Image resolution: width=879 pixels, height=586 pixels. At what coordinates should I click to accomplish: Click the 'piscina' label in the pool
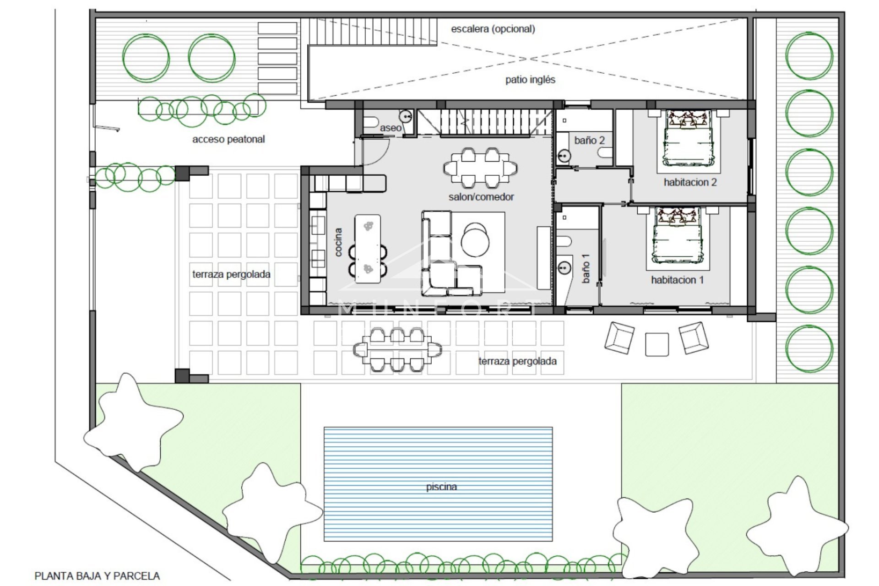point(441,487)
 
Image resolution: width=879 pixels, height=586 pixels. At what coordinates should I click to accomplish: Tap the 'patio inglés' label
point(530,80)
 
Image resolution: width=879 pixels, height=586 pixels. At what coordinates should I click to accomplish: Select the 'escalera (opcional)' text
point(493,29)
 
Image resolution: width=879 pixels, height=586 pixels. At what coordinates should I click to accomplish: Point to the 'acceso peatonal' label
point(228,139)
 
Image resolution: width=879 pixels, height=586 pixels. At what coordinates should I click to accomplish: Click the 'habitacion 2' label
point(690,182)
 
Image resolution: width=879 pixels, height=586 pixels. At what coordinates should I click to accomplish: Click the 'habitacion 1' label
point(677,280)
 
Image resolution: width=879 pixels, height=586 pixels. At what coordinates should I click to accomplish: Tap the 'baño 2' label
point(589,141)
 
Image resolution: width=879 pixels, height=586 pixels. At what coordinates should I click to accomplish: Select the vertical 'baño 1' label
point(586,268)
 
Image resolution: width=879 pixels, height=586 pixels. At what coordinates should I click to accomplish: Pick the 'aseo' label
point(391,128)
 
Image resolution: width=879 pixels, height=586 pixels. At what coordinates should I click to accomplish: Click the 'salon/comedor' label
point(481,197)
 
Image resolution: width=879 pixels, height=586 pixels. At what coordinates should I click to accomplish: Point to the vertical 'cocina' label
point(338,242)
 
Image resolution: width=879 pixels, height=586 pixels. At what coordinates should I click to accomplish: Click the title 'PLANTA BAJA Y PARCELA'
point(97,576)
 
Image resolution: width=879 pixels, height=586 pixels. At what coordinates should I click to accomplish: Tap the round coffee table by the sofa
point(475,240)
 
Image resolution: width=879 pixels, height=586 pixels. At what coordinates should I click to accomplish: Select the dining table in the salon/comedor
point(480,168)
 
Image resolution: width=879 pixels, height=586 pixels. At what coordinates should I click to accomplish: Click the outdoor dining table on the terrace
point(397,350)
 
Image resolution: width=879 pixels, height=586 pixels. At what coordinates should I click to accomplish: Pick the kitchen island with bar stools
point(368,249)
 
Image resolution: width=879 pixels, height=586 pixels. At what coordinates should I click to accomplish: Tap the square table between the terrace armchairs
point(657,344)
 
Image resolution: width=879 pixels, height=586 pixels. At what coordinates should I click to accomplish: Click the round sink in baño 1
point(565,267)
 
